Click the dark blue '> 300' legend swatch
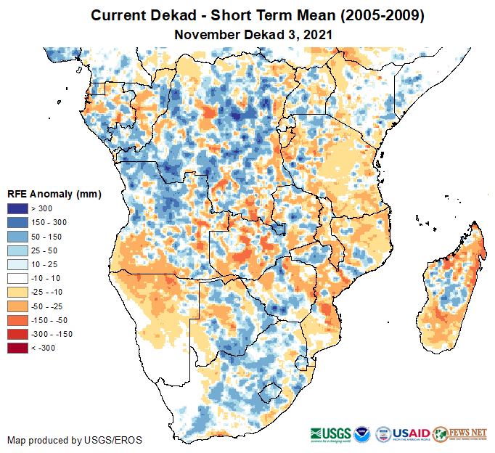click(x=17, y=209)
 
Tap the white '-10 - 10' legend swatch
click(x=17, y=279)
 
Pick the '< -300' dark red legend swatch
click(x=17, y=348)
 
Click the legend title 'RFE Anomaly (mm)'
click(x=54, y=195)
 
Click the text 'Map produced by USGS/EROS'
click(x=74, y=440)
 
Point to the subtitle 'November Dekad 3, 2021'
click(x=247, y=34)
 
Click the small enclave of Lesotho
click(x=271, y=389)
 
